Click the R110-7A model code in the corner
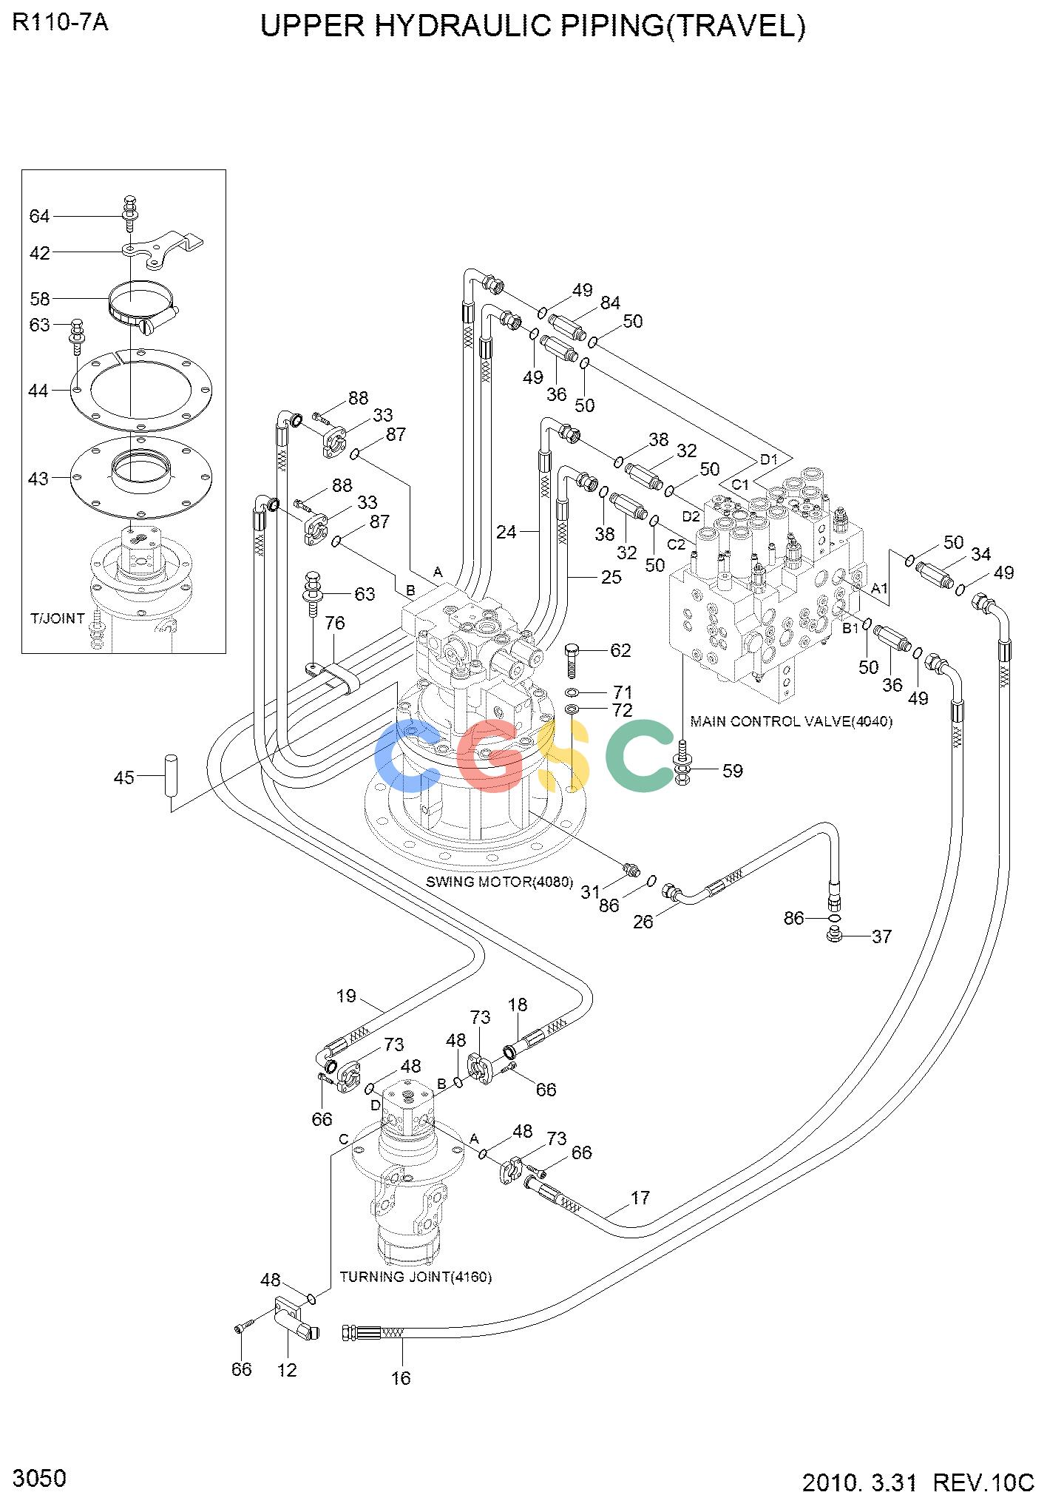click(x=61, y=23)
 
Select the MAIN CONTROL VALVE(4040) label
click(x=791, y=721)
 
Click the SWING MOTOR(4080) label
click(x=500, y=882)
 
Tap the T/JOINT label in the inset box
click(x=58, y=618)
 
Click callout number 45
click(x=124, y=777)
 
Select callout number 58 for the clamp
click(x=40, y=299)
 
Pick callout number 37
click(x=881, y=937)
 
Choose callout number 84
click(x=610, y=303)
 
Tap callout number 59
click(x=732, y=771)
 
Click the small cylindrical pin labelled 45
click(x=169, y=774)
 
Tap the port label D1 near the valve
click(x=770, y=459)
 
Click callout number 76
click(x=335, y=623)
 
